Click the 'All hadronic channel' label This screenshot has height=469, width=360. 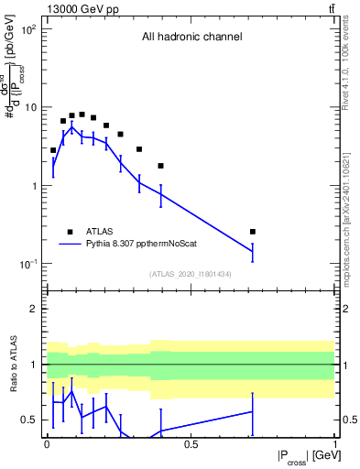click(191, 38)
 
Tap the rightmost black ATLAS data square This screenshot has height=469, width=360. click(253, 232)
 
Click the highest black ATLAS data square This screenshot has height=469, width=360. click(82, 115)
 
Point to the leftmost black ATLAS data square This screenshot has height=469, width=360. click(53, 150)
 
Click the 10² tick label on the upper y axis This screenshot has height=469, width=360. click(28, 29)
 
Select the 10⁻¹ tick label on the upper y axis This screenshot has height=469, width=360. click(28, 264)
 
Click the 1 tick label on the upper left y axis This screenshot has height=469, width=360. click(35, 186)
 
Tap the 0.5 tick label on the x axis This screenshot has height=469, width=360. click(191, 444)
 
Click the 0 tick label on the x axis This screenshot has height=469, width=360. click(47, 444)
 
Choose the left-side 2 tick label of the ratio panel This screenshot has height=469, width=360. click(35, 309)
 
